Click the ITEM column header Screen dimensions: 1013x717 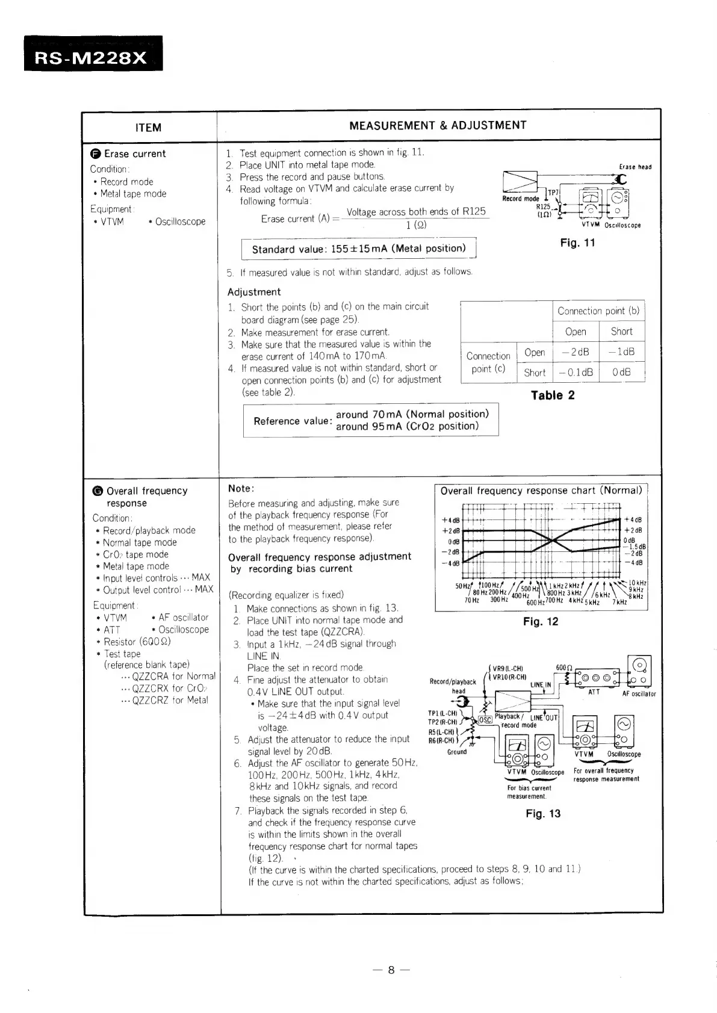click(148, 128)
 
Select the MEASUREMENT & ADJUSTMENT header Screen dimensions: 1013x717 click(438, 125)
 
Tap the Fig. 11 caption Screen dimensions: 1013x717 click(577, 243)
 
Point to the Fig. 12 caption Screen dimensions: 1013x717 click(541, 622)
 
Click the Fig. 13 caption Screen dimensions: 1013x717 click(543, 814)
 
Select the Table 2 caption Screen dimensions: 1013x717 click(552, 395)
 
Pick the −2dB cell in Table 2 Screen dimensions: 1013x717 click(576, 352)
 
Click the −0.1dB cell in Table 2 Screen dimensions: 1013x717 click(576, 373)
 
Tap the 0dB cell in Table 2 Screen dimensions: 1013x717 click(621, 373)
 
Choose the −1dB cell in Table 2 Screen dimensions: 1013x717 click(621, 352)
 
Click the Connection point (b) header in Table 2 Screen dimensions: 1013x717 click(598, 311)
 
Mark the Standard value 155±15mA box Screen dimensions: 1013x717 click(358, 249)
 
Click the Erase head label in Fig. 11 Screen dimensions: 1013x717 click(635, 167)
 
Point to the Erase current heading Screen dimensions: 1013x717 click(134, 153)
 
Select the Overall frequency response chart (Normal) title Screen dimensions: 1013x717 click(541, 491)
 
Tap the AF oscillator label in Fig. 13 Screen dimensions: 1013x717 click(638, 694)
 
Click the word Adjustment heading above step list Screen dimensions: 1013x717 click(253, 292)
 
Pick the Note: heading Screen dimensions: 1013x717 click(241, 488)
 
